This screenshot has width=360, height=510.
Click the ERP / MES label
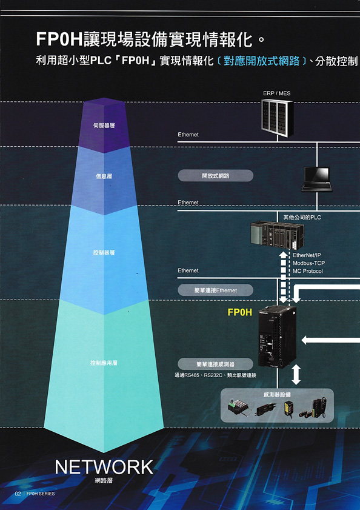277,93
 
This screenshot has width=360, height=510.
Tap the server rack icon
278,118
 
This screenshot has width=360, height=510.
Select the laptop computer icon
317,180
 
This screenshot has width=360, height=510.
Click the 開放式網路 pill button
215,176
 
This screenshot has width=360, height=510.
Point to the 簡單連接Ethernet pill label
215,290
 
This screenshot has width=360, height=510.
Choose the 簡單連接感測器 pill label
215,364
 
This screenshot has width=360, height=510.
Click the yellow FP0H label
239,312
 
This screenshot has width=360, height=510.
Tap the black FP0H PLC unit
278,337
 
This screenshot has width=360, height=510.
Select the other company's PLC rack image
278,235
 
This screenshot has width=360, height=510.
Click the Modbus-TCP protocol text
308,263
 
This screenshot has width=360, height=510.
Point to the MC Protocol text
308,271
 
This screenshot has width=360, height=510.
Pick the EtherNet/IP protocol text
307,255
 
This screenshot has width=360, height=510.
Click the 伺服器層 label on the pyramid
104,126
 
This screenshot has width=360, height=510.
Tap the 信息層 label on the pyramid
104,176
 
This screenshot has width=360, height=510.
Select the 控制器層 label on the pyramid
104,252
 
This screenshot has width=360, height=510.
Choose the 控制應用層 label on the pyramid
104,363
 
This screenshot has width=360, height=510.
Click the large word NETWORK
104,467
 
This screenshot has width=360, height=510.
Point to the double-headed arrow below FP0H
296,375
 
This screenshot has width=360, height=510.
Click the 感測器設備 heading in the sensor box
277,395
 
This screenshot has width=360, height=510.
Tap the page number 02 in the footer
18,494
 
